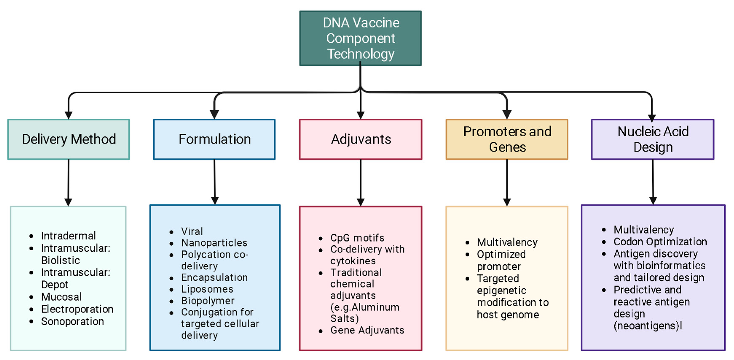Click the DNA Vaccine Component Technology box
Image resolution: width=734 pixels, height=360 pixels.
tap(360, 38)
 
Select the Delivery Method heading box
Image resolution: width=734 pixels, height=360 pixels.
tap(69, 139)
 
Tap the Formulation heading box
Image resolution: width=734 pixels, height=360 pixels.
tap(214, 139)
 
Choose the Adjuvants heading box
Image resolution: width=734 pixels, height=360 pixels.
tap(360, 139)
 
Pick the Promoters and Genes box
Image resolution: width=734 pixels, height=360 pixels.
tap(507, 139)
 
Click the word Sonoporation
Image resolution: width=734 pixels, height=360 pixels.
tap(72, 321)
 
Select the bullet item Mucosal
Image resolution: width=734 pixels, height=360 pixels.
tap(61, 297)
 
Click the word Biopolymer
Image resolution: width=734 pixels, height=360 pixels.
tap(208, 301)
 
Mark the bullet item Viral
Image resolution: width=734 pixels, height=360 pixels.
tap(192, 231)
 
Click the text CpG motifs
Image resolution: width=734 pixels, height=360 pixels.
tap(357, 238)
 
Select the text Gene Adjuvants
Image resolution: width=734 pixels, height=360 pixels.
tap(367, 330)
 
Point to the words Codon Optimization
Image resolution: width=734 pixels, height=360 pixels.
tap(660, 242)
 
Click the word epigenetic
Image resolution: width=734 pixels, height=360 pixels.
tap(501, 290)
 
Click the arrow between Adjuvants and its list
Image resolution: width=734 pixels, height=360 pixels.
tap(360, 182)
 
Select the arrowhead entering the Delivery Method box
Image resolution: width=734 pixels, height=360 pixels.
tap(68, 115)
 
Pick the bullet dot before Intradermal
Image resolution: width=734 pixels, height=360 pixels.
tap(31, 236)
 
